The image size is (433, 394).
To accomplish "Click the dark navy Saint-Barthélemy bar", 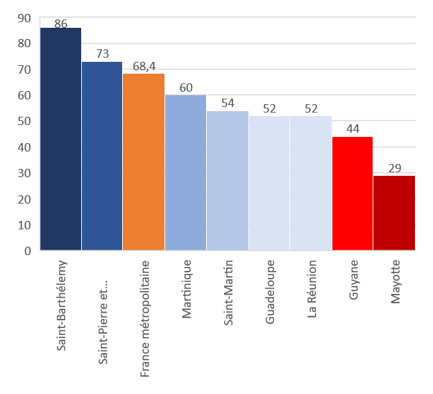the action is point(61,139).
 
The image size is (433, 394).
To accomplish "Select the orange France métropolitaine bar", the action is point(144,162).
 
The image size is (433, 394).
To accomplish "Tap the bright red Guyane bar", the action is point(353,194).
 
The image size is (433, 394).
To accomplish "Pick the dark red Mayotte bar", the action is point(394,213).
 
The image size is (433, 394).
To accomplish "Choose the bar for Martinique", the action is point(185,173).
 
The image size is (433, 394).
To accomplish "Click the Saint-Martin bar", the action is point(228,181).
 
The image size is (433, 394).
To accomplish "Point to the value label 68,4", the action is point(144,66).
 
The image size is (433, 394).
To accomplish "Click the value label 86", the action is point(61,24).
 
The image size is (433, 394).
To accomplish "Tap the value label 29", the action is point(395,168).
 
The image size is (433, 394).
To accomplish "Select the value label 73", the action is point(103,54).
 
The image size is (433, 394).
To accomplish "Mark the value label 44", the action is point(353,129).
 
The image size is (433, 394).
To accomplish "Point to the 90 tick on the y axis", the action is point(24,18).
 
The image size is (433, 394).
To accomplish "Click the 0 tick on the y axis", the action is point(28,251).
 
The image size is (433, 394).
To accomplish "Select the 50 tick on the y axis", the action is point(24,121).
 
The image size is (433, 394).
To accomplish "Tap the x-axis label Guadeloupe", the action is point(270,292).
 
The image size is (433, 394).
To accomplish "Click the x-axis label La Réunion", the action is point(312,288).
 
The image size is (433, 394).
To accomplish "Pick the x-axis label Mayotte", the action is point(395,281).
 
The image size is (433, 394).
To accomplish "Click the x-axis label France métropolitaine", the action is point(145,318).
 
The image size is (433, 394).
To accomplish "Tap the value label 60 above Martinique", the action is point(186,88).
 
